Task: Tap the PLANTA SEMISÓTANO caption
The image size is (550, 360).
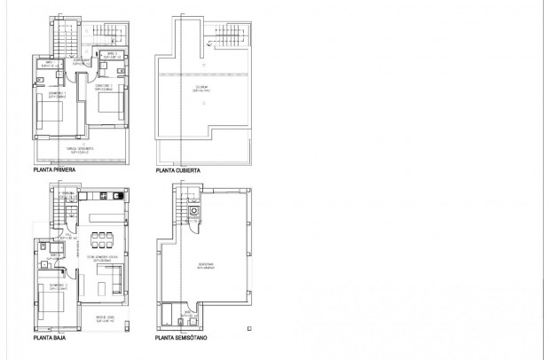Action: tap(182, 337)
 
